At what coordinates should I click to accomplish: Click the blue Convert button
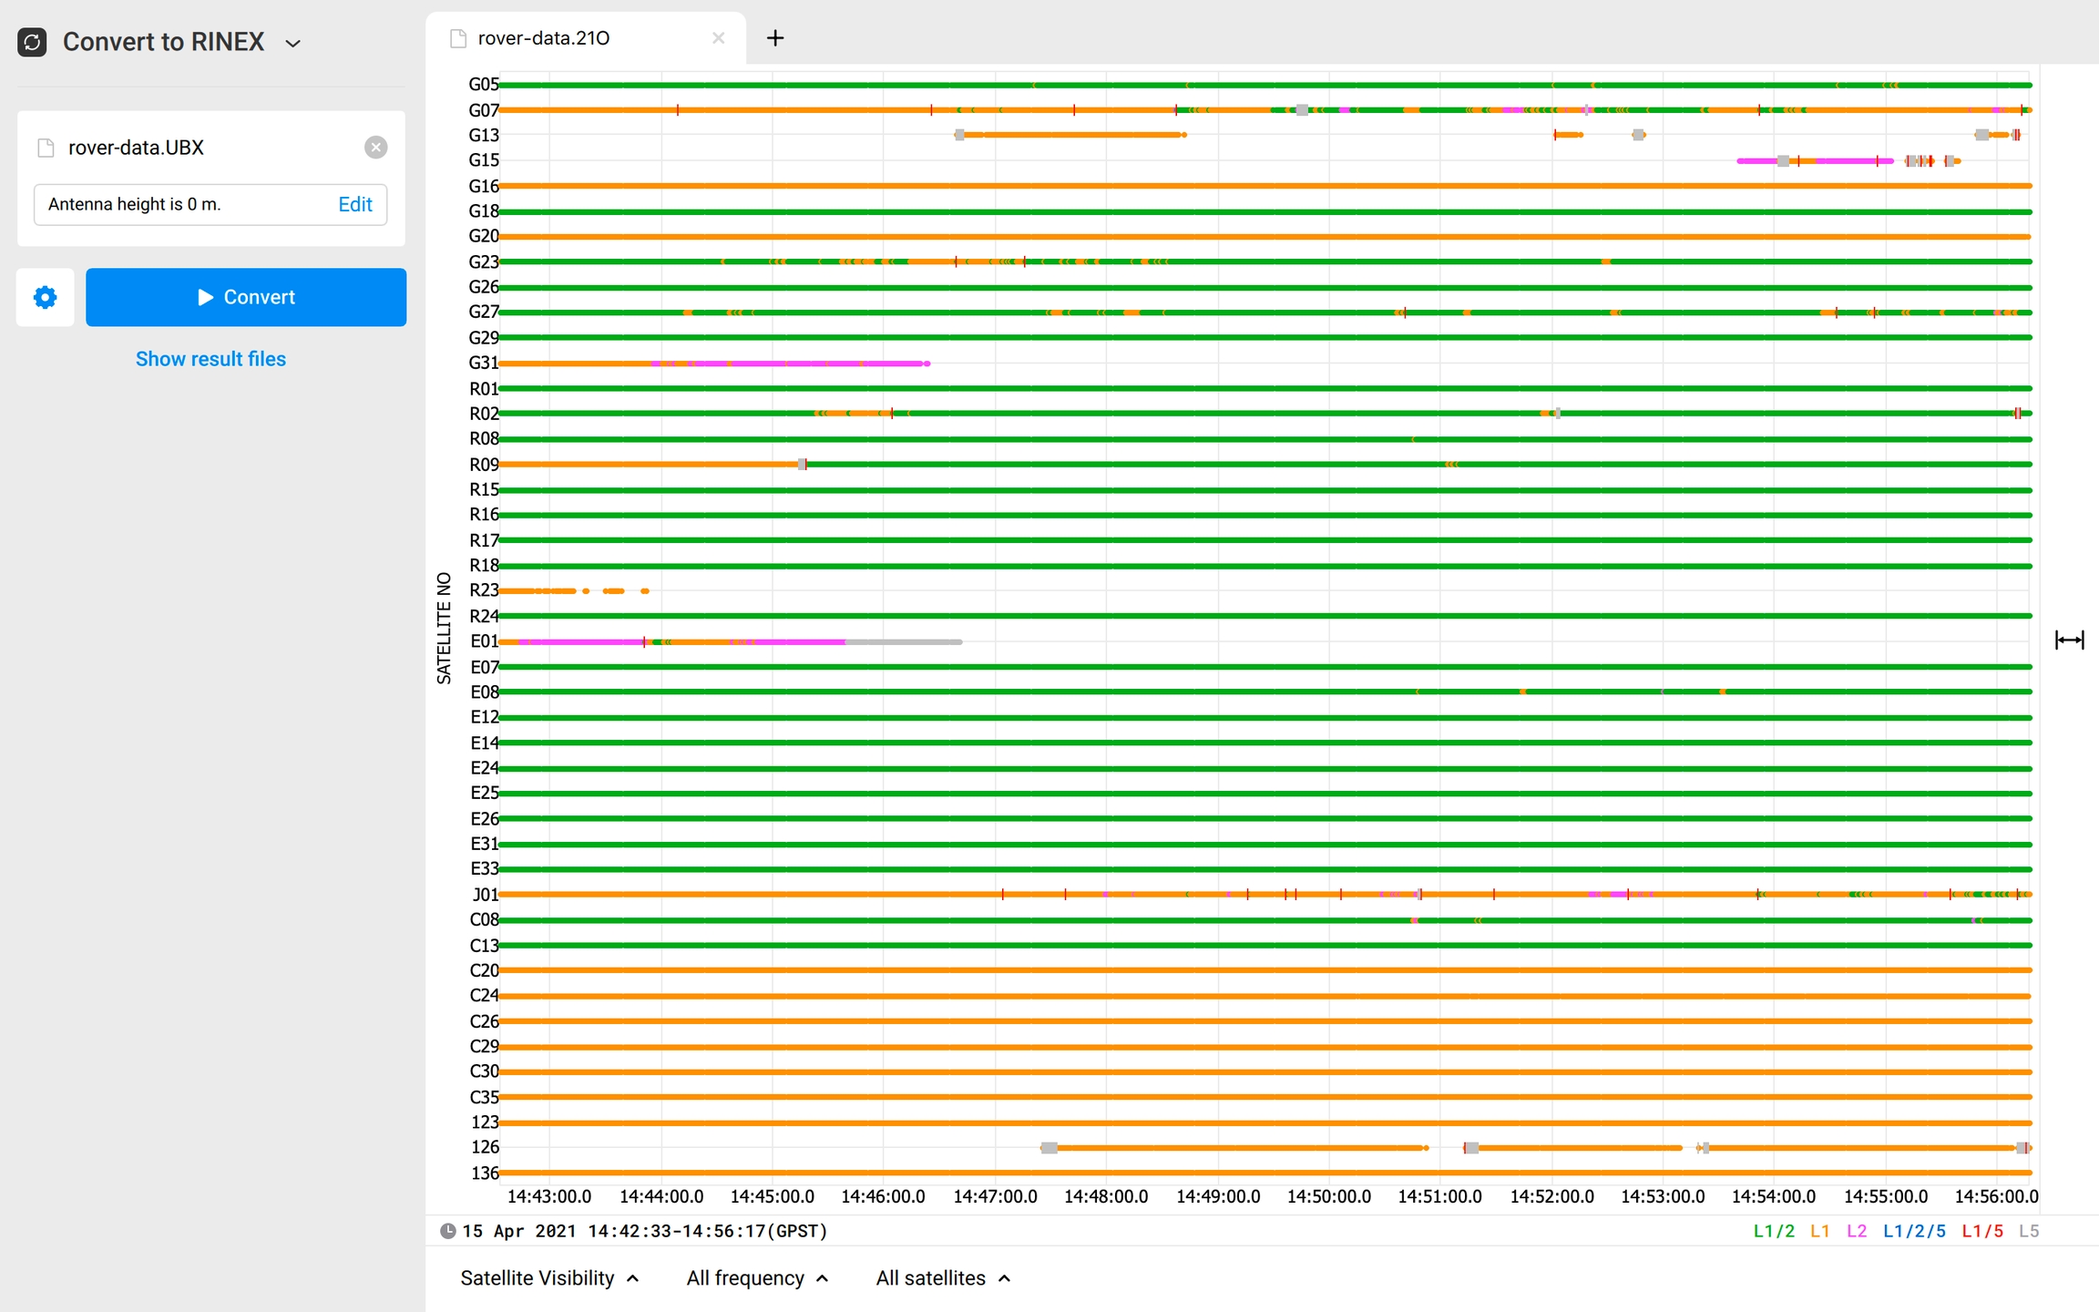pos(246,297)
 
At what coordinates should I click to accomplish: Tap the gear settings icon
pos(45,297)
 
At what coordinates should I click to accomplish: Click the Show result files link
pos(210,359)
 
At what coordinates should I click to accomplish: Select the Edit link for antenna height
pos(354,204)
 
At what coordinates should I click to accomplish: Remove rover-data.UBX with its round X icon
pos(375,148)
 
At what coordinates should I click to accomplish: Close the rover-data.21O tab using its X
pos(718,38)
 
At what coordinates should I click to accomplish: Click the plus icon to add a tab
pos(775,38)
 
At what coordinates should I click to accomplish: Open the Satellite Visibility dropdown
pos(549,1278)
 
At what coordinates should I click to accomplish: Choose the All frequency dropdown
pos(757,1278)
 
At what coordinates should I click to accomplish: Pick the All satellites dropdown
pos(943,1278)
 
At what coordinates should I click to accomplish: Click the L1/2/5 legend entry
pos(1914,1231)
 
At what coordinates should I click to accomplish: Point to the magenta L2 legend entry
pos(1857,1231)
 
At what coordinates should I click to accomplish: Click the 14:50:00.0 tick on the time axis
pos(1328,1196)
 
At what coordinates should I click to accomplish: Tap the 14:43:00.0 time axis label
pos(549,1196)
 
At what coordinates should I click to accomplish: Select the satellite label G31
pos(483,363)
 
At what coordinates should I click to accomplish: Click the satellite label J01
pos(485,895)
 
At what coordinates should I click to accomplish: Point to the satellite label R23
pos(484,590)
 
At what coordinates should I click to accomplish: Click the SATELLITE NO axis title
pos(444,628)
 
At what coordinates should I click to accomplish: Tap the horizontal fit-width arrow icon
pos(2069,641)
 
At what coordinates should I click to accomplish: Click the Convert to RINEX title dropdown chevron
pos(293,43)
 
